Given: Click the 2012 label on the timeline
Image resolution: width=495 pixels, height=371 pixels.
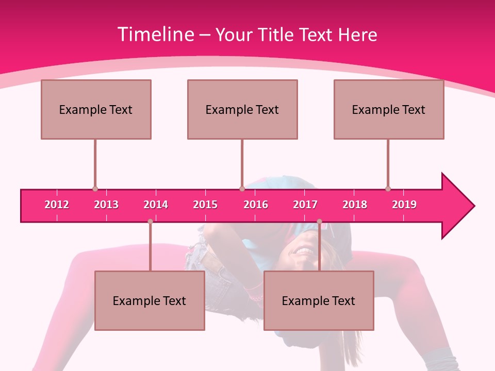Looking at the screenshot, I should [57, 205].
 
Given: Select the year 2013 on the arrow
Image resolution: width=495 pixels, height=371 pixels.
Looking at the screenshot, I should [106, 205].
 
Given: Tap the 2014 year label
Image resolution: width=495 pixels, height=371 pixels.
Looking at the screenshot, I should [156, 205].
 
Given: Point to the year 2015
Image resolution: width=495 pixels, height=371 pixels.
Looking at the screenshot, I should [205, 205].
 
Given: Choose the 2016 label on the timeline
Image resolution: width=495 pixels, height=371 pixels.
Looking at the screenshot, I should [256, 205].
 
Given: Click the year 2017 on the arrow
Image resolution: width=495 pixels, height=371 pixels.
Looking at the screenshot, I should [305, 205].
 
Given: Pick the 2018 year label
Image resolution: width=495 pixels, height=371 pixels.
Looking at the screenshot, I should [355, 205].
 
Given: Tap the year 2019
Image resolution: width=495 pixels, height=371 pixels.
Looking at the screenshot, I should [404, 205].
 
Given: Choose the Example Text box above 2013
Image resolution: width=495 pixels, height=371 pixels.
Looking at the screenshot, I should [96, 109].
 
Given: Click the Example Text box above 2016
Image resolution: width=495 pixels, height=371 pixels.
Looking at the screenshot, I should [242, 109].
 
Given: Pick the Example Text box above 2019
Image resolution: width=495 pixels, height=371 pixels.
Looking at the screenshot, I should [389, 109].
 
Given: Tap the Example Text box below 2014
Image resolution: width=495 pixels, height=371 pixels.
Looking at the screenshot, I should [150, 300].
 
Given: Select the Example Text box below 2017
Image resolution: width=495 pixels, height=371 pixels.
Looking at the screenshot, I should [319, 300].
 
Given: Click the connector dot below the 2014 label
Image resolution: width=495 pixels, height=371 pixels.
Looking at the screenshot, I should [150, 222].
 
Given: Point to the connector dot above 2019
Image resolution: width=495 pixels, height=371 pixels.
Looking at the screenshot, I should [388, 189].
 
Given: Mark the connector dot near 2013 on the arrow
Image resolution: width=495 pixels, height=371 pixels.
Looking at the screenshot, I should [95, 189].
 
